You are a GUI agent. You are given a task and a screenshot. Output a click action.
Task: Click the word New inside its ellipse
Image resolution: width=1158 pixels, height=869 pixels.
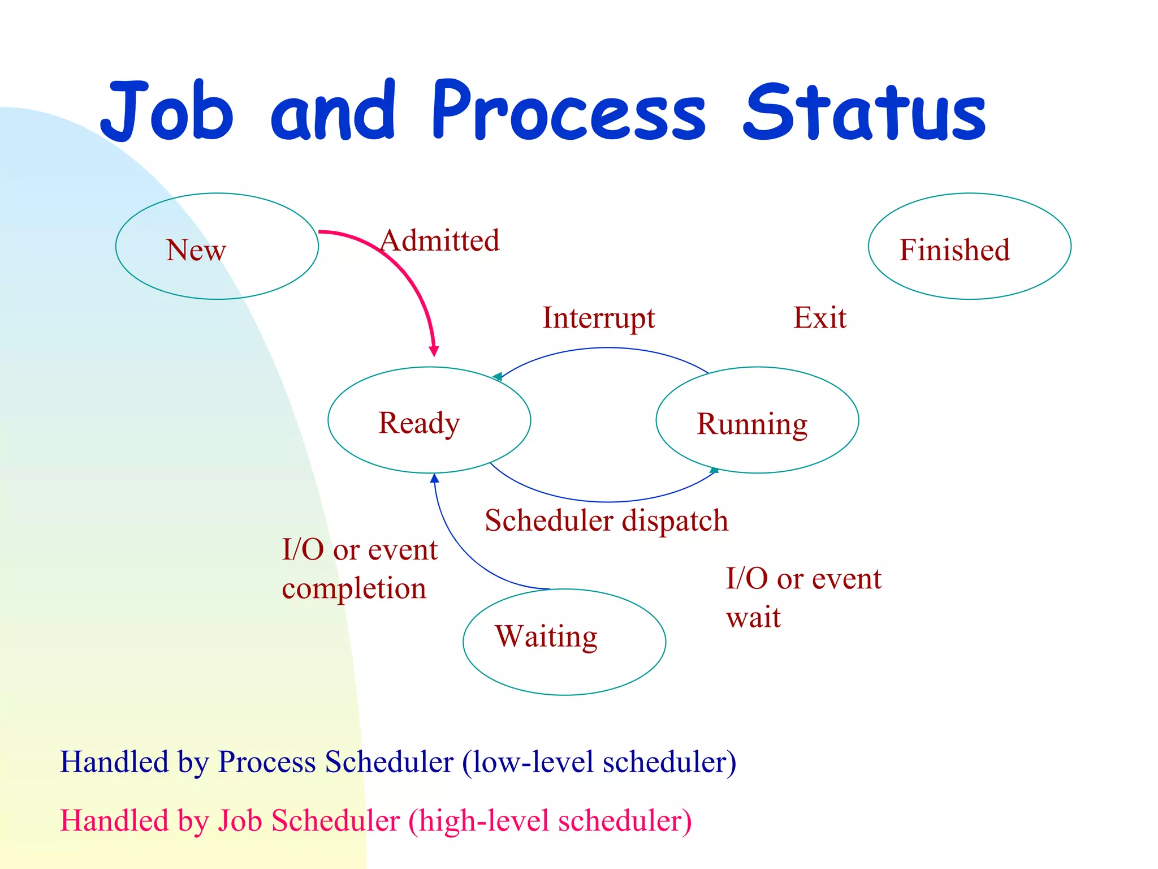[x=196, y=250]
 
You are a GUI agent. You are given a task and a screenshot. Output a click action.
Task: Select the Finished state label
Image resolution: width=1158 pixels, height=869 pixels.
[x=954, y=250]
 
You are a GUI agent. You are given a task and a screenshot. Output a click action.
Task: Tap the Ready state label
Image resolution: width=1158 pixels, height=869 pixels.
[x=419, y=423]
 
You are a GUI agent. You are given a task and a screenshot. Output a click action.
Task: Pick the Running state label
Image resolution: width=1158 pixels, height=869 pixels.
[x=752, y=424]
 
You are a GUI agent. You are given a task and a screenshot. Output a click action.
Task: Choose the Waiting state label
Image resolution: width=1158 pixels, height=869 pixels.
[x=546, y=636]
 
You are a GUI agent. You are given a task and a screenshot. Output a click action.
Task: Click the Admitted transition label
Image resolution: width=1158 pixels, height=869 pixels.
[x=440, y=241]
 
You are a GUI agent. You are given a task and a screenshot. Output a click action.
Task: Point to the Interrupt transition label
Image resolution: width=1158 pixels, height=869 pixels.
[x=599, y=318]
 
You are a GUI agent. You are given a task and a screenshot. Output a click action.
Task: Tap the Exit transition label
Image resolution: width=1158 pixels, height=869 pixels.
[x=820, y=318]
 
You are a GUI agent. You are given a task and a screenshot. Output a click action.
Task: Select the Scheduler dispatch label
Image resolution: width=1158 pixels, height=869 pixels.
[x=606, y=520]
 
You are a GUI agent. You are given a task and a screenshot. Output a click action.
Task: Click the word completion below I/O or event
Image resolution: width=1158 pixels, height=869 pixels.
[x=354, y=589]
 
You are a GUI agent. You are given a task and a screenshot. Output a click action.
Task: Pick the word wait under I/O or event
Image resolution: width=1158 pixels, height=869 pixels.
[x=753, y=617]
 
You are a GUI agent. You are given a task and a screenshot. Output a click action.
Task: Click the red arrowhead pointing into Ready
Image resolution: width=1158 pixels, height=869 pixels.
[x=434, y=351]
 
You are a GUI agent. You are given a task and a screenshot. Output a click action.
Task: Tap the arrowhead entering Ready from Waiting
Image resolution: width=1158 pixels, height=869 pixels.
[x=434, y=479]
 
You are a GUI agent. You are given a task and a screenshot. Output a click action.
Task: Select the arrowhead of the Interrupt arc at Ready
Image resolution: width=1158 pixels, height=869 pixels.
[x=497, y=377]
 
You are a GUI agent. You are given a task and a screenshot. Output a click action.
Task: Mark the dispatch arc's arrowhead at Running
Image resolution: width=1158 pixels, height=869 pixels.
[x=714, y=470]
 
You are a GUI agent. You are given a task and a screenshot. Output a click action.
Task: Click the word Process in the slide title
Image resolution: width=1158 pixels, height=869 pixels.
[x=568, y=112]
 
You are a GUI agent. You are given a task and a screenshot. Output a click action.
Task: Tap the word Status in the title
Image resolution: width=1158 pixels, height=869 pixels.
[x=864, y=112]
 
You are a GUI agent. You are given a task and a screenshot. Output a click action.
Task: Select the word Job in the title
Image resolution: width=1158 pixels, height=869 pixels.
[x=167, y=112]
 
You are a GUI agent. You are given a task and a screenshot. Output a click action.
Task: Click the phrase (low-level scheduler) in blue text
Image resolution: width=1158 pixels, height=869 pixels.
[x=599, y=762]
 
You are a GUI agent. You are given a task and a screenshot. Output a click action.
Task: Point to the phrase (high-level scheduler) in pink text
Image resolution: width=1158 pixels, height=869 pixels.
[x=550, y=821]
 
